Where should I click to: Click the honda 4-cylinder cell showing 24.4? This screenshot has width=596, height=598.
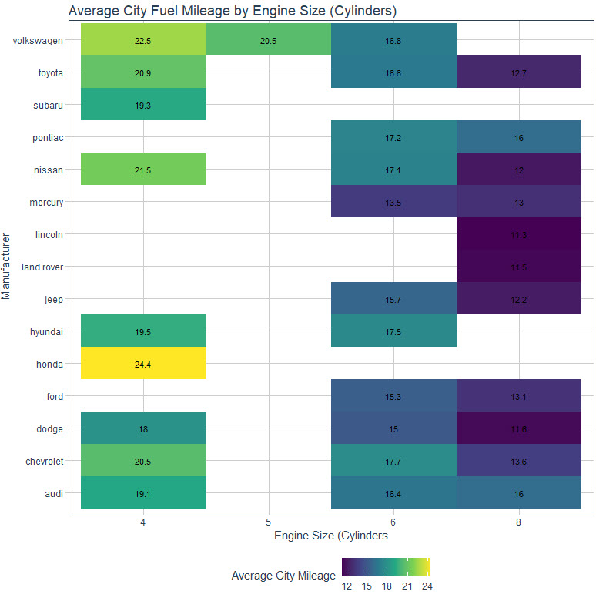143,364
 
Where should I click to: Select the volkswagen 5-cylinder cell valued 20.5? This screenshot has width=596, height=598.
268,40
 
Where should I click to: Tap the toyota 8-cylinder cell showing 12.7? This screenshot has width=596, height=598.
518,72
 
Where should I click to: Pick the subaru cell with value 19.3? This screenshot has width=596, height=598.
143,105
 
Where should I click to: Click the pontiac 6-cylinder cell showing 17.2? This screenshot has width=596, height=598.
393,137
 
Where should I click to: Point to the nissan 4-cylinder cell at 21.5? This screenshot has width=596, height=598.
143,170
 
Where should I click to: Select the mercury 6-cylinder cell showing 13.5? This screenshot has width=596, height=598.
393,202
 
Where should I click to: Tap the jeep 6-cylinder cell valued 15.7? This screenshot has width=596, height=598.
393,299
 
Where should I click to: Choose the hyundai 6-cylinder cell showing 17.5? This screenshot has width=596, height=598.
393,331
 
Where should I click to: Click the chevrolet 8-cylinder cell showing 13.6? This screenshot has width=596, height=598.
518,461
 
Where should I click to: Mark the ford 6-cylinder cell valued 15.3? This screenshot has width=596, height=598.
393,396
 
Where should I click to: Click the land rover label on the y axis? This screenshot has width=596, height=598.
42,267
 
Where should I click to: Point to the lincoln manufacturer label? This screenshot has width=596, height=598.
49,234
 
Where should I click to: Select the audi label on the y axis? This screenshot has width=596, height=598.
54,493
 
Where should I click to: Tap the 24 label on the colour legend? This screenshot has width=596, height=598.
427,586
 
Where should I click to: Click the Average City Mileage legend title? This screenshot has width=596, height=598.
283,576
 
